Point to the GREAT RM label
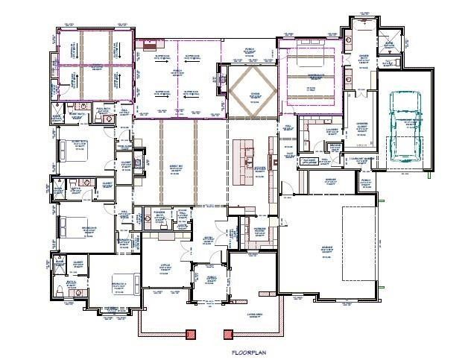177,169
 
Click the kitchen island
244,160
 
